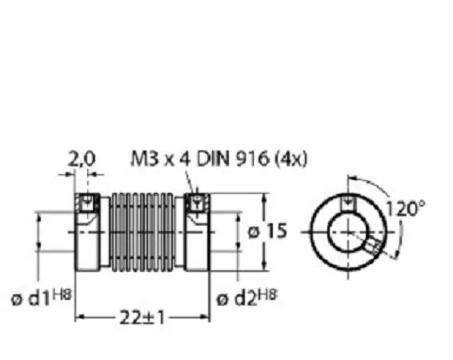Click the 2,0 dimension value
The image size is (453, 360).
pos(81,160)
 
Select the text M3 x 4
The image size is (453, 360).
pos(156,160)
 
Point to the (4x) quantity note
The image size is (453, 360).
pos(291,160)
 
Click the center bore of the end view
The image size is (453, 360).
pos(349,230)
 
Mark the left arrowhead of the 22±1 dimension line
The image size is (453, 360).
pos(78,318)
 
